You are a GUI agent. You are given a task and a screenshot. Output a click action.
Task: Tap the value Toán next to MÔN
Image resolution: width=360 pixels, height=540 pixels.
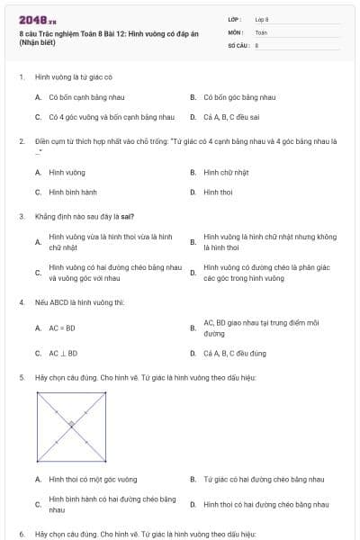[x=261, y=31]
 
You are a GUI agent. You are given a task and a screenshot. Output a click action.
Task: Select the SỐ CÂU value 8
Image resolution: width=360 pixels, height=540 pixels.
[x=256, y=45]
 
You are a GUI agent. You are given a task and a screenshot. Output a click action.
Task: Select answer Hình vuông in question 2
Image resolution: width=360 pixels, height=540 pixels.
[x=67, y=172]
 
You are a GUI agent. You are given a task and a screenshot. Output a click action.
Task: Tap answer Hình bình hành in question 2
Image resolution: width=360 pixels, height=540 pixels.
[x=73, y=192]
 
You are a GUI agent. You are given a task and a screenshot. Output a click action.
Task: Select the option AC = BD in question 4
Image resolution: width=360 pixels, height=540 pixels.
[x=62, y=328]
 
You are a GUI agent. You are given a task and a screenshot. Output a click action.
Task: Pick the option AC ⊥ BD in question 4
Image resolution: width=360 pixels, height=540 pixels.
[x=63, y=354]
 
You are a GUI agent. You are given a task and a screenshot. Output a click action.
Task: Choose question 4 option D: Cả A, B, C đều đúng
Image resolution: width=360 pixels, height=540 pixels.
[x=235, y=354]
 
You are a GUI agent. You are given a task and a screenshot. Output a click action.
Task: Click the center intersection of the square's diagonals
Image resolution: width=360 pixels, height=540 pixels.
[x=71, y=425]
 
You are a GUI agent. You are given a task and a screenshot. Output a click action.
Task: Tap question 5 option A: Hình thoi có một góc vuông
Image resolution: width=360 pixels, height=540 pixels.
[x=93, y=480]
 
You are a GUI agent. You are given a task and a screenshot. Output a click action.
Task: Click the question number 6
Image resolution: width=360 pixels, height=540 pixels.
[x=21, y=533]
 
